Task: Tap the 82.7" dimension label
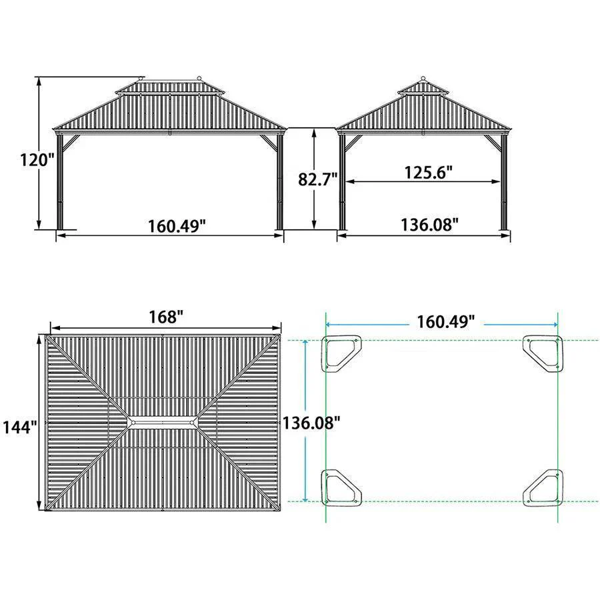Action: coord(318,179)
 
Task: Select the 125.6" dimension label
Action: coord(429,172)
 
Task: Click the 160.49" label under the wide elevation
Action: coord(177,226)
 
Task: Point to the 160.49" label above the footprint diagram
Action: coord(446,322)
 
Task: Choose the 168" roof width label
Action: coord(166,317)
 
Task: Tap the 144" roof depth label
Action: coord(20,427)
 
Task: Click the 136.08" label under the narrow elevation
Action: coord(429,225)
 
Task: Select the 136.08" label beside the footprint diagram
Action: coord(311,423)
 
